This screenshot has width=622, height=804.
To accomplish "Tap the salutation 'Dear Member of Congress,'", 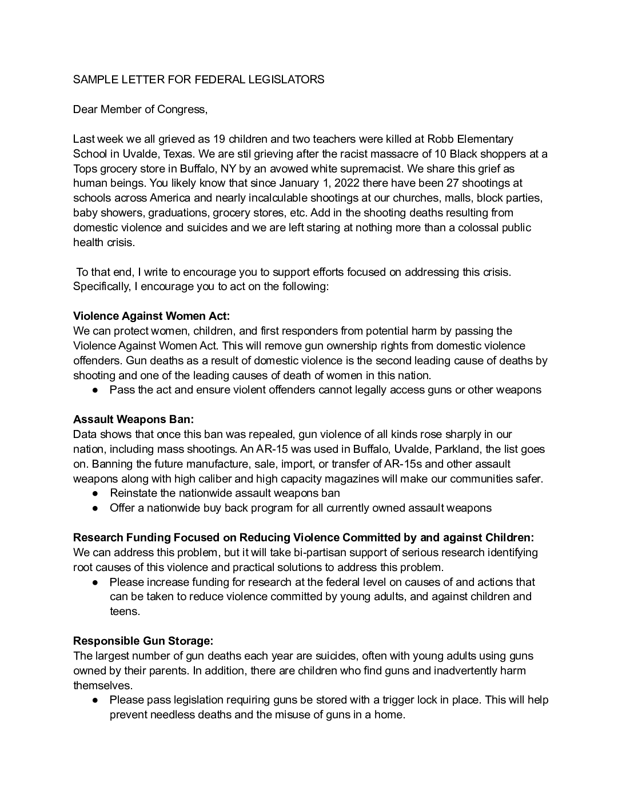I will (140, 109).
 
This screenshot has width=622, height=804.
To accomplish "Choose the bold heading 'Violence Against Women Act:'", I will (151, 316).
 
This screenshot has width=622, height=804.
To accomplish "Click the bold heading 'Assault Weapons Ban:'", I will (134, 420).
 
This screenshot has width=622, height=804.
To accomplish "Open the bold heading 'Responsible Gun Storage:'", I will (143, 641).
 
